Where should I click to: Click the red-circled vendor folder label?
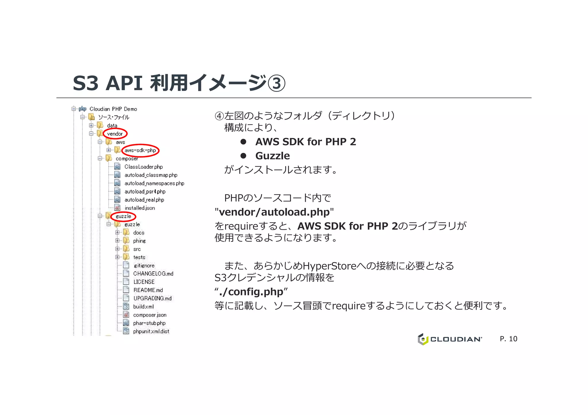pyautogui.click(x=115, y=134)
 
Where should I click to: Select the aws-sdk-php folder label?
pyautogui.click(x=140, y=150)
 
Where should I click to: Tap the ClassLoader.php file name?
pyautogui.click(x=144, y=167)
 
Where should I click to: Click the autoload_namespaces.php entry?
pyautogui.click(x=154, y=183)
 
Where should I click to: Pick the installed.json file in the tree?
pyautogui.click(x=140, y=208)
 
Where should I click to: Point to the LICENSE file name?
pyautogui.click(x=144, y=282)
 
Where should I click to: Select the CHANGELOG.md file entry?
pyautogui.click(x=153, y=274)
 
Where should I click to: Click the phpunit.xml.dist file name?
pyautogui.click(x=151, y=332)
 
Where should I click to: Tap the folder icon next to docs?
pyautogui.click(x=126, y=232)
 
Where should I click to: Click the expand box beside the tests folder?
pyautogui.click(x=117, y=257)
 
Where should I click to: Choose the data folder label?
pyautogui.click(x=112, y=126)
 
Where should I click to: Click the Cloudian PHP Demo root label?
pyautogui.click(x=113, y=109)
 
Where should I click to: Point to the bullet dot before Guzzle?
pyautogui.click(x=243, y=156)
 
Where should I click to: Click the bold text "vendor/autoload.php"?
pyautogui.click(x=274, y=212)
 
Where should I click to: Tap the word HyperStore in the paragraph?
pyautogui.click(x=330, y=266)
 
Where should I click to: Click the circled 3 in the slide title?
pyautogui.click(x=276, y=83)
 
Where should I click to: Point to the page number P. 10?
pyautogui.click(x=508, y=339)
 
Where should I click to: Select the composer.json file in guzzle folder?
pyautogui.click(x=150, y=315)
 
